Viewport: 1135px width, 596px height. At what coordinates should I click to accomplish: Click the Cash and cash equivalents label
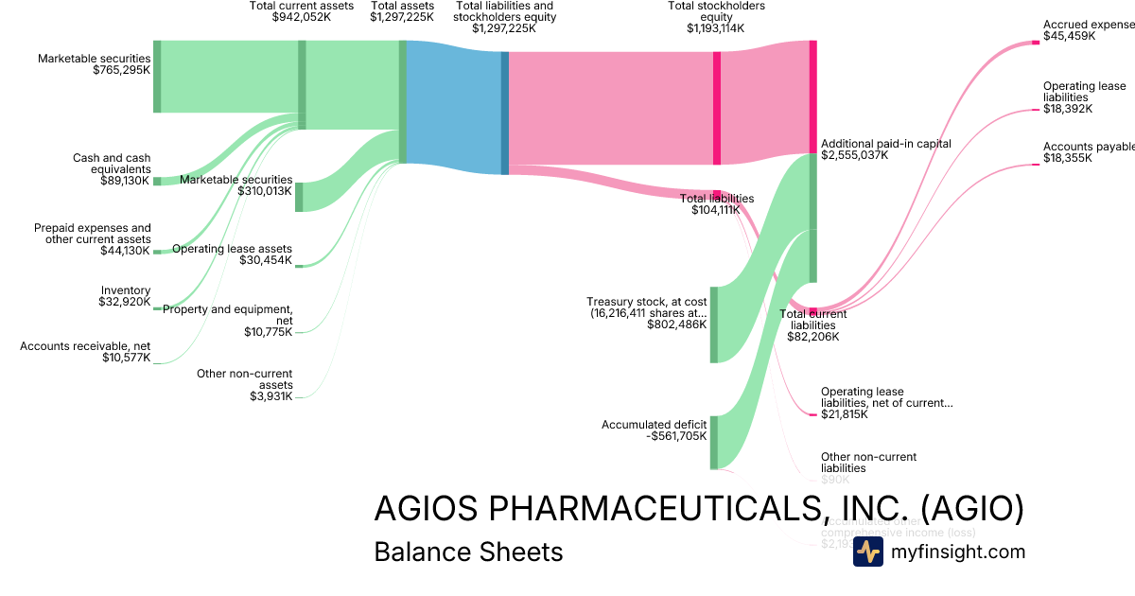112,164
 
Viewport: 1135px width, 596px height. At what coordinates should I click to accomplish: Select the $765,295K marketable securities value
122,70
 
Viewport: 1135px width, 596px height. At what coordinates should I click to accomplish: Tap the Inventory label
126,290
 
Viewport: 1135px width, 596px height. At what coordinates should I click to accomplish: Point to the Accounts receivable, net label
85,346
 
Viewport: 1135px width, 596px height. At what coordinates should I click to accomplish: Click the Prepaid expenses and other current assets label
93,233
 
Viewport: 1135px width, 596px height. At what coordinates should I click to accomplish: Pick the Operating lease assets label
232,249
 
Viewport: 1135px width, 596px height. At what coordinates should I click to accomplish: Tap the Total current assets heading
302,6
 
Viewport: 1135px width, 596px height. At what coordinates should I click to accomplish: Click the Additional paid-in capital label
886,144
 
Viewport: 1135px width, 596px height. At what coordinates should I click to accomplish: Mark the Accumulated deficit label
654,425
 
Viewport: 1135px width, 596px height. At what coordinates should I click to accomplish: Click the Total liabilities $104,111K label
716,204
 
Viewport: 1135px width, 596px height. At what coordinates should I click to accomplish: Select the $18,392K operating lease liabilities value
1068,109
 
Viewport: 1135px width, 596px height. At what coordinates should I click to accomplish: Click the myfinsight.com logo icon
867,552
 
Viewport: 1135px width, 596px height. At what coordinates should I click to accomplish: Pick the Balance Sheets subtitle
468,552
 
